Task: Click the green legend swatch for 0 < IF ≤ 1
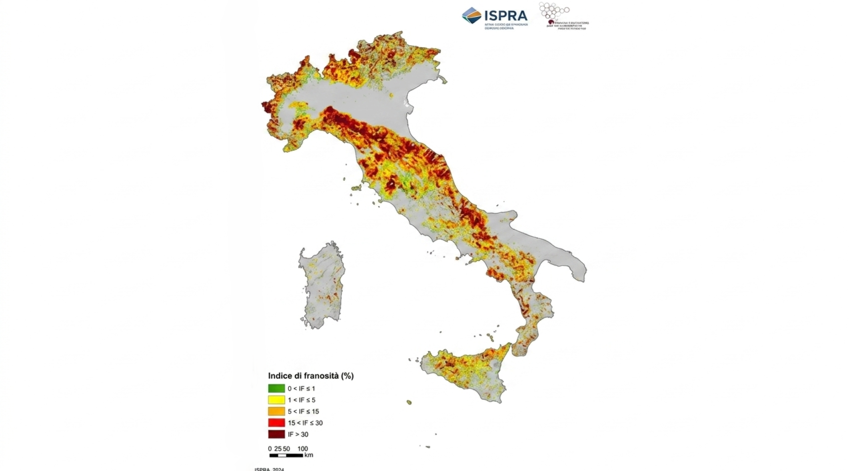coord(276,389)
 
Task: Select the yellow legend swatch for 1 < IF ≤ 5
coord(276,400)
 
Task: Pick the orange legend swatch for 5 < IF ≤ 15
coord(276,411)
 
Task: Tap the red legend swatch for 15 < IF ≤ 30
coord(276,423)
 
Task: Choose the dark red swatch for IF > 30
coord(276,434)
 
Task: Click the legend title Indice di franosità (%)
coord(311,376)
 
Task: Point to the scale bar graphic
coord(286,455)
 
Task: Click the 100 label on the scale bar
coord(302,449)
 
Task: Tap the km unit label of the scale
coord(308,455)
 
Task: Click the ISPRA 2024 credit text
coord(269,469)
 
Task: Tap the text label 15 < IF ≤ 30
coord(305,423)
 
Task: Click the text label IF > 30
coord(298,434)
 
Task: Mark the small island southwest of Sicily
coord(409,402)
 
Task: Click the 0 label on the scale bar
coord(270,449)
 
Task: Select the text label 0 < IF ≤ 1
coord(301,389)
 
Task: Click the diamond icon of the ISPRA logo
coord(471,15)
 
